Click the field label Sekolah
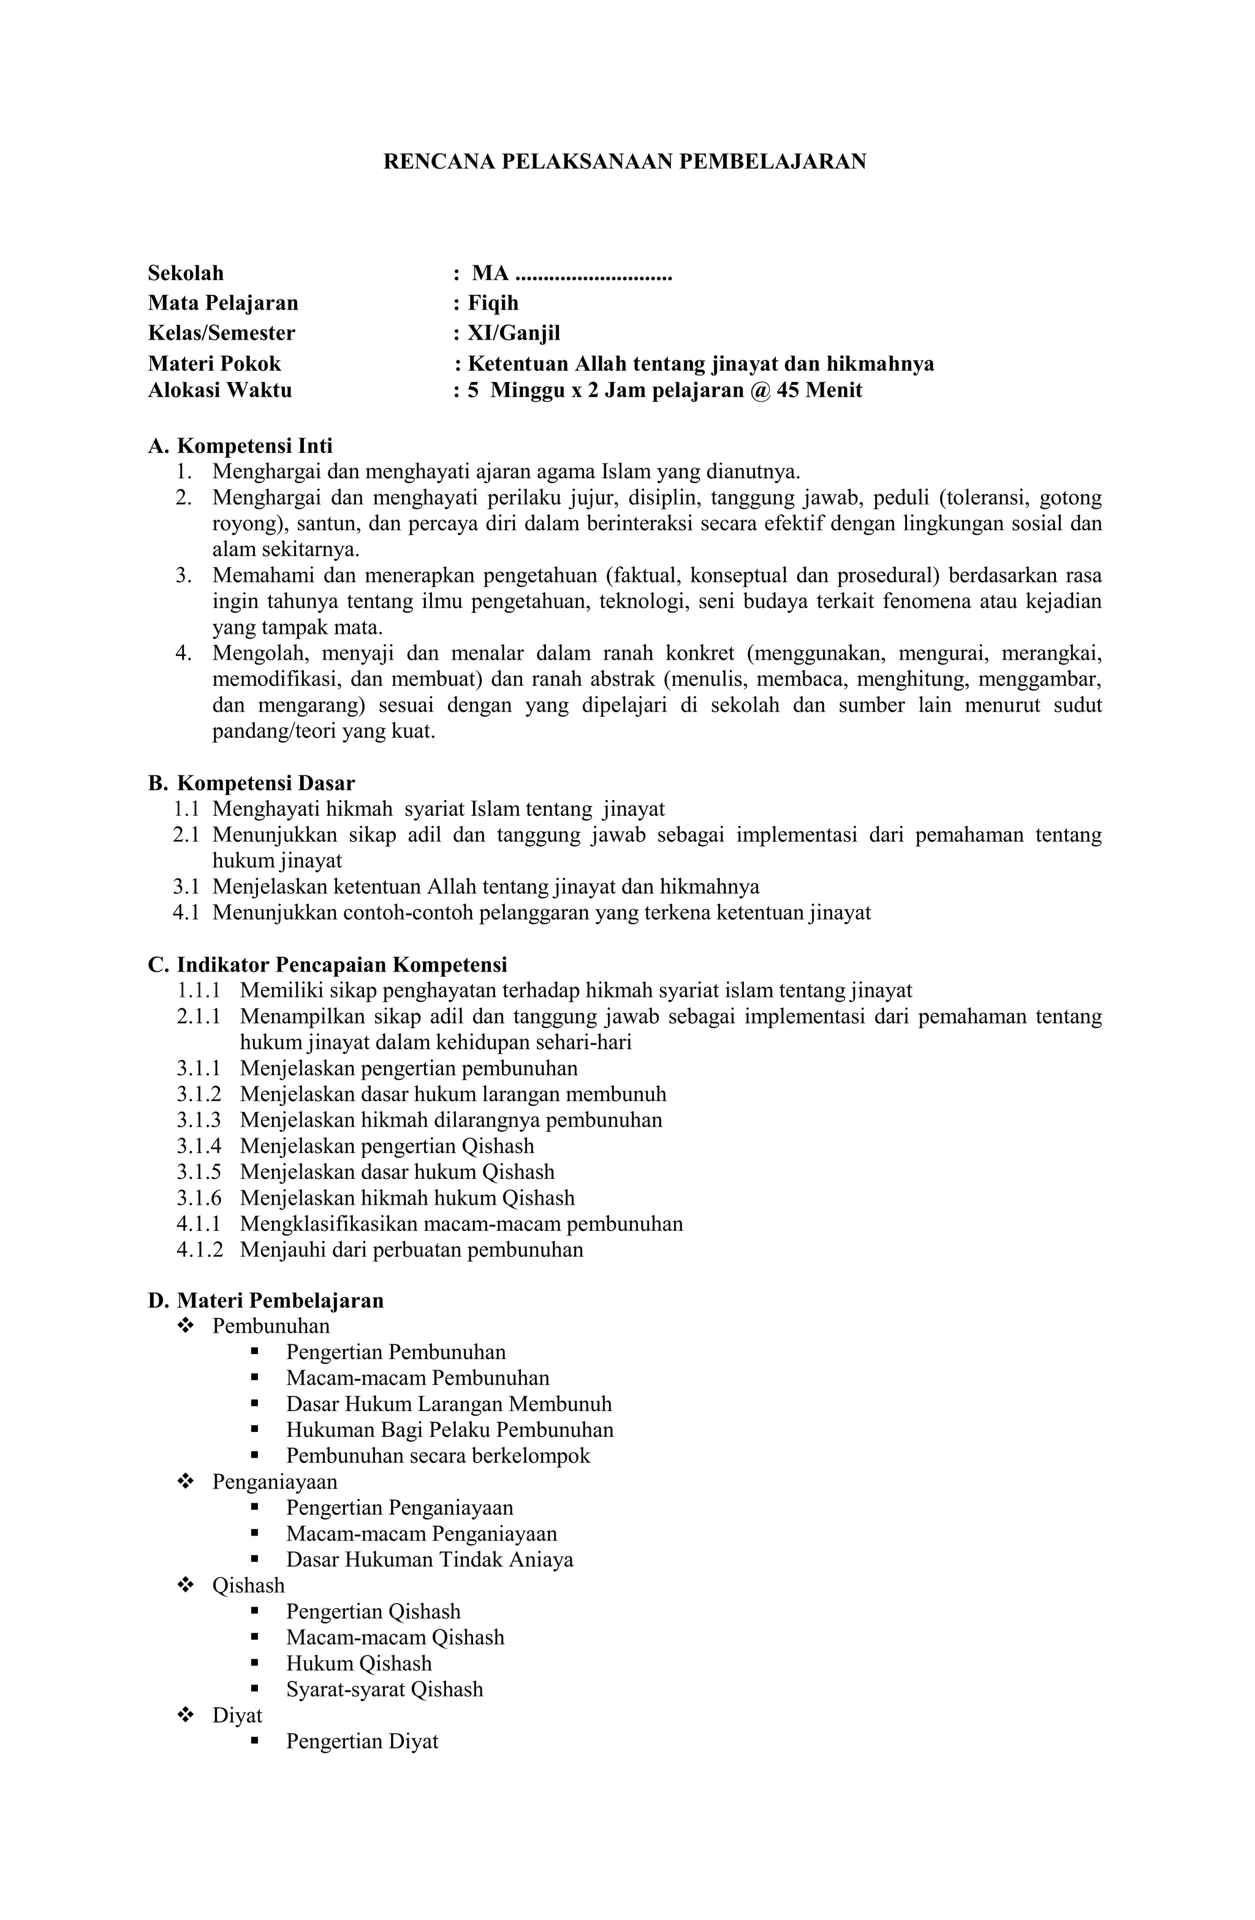[x=186, y=273]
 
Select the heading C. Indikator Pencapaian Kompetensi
[x=327, y=964]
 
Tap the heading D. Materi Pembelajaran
[x=265, y=1300]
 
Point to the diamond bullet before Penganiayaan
[x=186, y=1482]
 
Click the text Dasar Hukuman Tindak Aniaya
[x=429, y=1560]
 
